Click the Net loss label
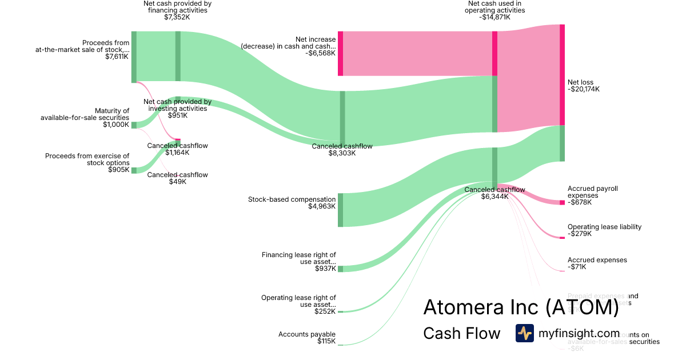(x=580, y=82)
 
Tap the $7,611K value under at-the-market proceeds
(x=117, y=57)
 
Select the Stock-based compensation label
(x=292, y=199)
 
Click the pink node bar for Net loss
(x=562, y=74)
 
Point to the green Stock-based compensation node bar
(x=340, y=210)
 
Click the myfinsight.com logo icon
(x=524, y=333)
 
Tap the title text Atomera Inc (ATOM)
(x=521, y=307)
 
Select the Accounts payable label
(x=307, y=334)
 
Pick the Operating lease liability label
(x=604, y=227)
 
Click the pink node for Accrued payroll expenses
(x=562, y=202)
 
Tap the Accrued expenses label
(x=597, y=260)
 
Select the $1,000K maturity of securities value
(x=116, y=125)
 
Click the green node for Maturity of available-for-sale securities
(x=134, y=125)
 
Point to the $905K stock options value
(x=118, y=170)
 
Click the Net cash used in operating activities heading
(x=494, y=7)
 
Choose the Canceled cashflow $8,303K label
(x=342, y=146)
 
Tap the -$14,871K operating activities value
(x=494, y=17)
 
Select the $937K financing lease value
(x=325, y=269)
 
